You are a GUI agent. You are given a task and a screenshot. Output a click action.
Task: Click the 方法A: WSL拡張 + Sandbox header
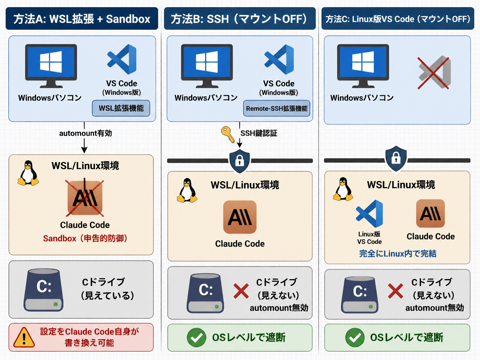coord(82,18)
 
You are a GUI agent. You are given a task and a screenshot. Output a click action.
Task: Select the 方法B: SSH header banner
coord(240,18)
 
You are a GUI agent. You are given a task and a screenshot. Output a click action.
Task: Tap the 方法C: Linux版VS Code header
coord(398,18)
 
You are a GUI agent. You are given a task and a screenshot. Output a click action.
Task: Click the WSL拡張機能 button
coord(121,108)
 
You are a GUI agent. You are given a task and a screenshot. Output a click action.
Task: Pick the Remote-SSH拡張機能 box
coord(277,108)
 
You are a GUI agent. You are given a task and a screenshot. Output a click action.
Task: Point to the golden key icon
coord(227,134)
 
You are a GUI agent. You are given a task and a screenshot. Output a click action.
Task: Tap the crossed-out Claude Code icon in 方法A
coord(85,198)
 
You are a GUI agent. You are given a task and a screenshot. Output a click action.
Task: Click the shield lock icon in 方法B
coord(240,161)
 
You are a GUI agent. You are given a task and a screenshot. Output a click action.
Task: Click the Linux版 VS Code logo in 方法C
coord(369,214)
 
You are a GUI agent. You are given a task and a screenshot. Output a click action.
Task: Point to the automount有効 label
coord(86,133)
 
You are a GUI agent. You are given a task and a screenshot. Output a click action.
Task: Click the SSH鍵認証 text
coord(259,133)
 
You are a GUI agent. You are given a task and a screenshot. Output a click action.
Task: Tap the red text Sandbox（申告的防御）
coord(85,238)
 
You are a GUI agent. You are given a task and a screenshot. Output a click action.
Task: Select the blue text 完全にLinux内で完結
coord(398,253)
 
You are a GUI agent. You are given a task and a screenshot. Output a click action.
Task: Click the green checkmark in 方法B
coord(196,337)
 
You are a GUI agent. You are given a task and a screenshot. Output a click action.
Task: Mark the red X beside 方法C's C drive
coord(395,291)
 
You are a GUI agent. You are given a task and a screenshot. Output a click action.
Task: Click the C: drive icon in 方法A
coord(43,290)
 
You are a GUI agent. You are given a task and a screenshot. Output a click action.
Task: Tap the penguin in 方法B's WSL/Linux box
coord(187,190)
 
